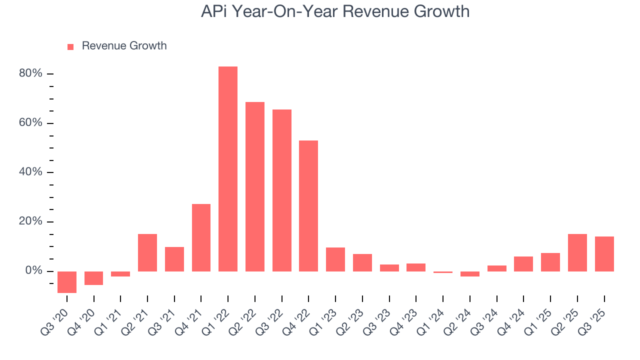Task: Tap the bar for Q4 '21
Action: [201, 237]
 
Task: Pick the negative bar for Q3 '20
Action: [67, 282]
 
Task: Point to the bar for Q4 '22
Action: [308, 206]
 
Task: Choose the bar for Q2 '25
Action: [577, 252]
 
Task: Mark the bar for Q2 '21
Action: [147, 252]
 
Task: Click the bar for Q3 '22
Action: [281, 190]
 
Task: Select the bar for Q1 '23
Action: [335, 259]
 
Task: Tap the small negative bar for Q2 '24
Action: [469, 274]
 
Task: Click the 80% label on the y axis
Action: [30, 73]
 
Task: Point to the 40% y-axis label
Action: [30, 172]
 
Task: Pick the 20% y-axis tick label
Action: [30, 221]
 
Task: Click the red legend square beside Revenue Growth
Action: [70, 46]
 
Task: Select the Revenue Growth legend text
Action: [124, 46]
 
